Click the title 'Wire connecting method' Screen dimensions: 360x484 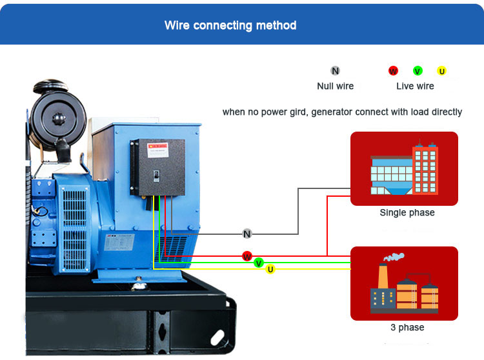point(230,26)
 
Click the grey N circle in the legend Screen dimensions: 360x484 point(335,71)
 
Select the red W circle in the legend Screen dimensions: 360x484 point(393,71)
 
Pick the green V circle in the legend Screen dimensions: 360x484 point(418,71)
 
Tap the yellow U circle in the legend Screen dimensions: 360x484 point(441,71)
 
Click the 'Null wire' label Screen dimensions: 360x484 point(335,86)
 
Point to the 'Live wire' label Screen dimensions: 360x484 point(415,86)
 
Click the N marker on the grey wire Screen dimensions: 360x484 point(247,234)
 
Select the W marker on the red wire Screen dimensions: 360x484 point(247,256)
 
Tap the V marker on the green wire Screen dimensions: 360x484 point(259,263)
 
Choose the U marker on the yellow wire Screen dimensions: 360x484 point(270,269)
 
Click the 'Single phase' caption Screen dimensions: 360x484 point(407,213)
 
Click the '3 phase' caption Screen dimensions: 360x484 point(407,328)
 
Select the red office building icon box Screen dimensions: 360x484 point(404,168)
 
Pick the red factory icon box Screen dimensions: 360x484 point(404,283)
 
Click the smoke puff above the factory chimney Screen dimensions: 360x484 point(394,256)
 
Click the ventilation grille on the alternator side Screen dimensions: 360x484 point(76,229)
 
